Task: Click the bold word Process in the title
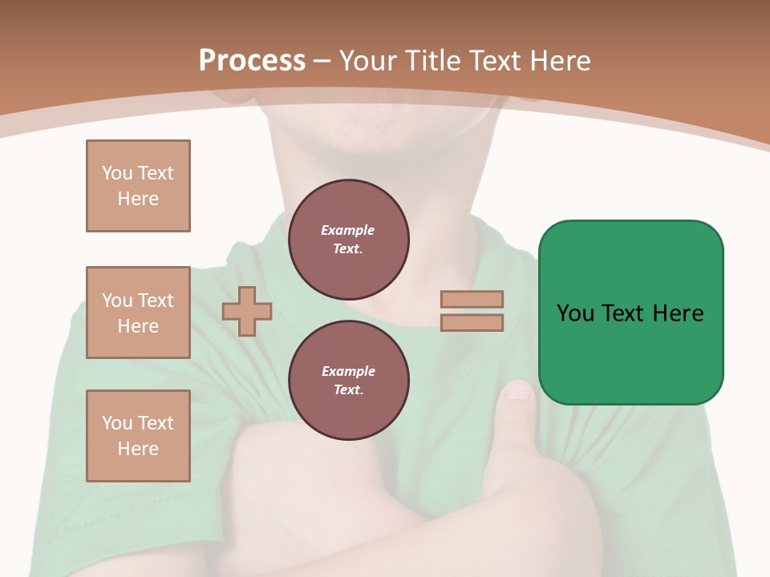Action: pyautogui.click(x=252, y=60)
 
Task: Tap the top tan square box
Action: pyautogui.click(x=138, y=186)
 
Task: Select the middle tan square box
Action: pyautogui.click(x=138, y=313)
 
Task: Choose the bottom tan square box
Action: pyautogui.click(x=138, y=436)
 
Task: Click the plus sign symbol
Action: pyautogui.click(x=247, y=311)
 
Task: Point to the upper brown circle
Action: pyautogui.click(x=348, y=240)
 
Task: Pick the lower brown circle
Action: pyautogui.click(x=348, y=381)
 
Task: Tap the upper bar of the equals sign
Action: pyautogui.click(x=472, y=299)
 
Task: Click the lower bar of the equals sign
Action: pyautogui.click(x=472, y=322)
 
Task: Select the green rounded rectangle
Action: pyautogui.click(x=630, y=313)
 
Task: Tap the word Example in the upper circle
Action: pyautogui.click(x=348, y=230)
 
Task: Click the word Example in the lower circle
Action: pyautogui.click(x=348, y=371)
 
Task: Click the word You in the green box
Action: pyautogui.click(x=576, y=313)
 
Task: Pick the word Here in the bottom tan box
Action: pyautogui.click(x=138, y=449)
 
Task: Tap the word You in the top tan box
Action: pyautogui.click(x=117, y=173)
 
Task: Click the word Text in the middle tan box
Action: pyautogui.click(x=156, y=301)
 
